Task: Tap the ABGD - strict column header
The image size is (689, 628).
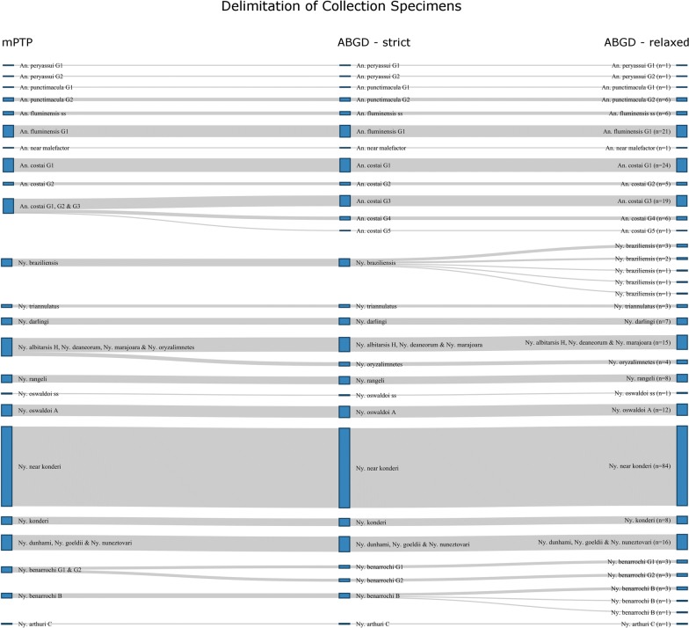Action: point(374,42)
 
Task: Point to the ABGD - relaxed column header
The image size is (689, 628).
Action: point(646,42)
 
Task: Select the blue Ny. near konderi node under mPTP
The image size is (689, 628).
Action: point(7,466)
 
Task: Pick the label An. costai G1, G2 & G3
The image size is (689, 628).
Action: point(49,206)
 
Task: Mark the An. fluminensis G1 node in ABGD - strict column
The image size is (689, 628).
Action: point(344,131)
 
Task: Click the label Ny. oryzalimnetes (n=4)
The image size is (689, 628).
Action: point(639,362)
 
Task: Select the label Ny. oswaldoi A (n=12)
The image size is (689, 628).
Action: point(637,410)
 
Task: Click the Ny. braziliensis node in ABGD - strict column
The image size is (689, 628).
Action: point(344,263)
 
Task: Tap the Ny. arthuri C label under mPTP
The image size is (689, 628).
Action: point(37,624)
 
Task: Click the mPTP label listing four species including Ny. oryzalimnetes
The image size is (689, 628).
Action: point(106,347)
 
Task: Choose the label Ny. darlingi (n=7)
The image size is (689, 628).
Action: point(644,322)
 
